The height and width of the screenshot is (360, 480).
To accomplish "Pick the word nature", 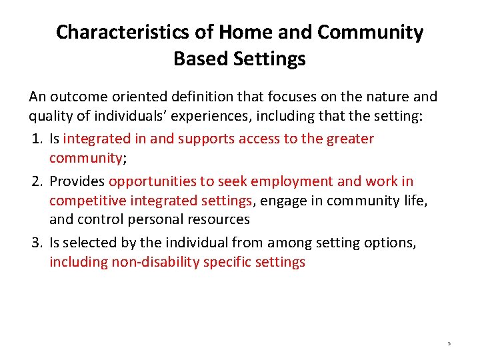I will coord(387,97).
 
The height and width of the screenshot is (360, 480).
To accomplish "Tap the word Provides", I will coord(77,181).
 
